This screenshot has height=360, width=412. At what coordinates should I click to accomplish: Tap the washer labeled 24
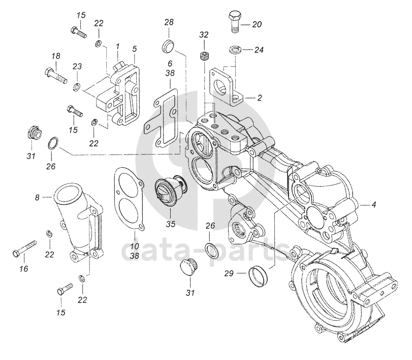pyautogui.click(x=235, y=49)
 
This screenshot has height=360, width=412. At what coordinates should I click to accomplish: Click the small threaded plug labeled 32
pyautogui.click(x=204, y=56)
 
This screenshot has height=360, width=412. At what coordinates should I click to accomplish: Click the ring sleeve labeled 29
pyautogui.click(x=258, y=277)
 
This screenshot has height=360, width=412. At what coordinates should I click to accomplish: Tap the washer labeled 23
pyautogui.click(x=77, y=86)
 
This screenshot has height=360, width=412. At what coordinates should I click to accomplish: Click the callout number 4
pyautogui.click(x=374, y=204)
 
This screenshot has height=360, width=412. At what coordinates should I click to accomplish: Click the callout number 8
pyautogui.click(x=37, y=197)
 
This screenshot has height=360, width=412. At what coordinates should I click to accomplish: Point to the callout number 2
pyautogui.click(x=260, y=98)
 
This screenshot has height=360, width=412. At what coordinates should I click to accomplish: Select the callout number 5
pyautogui.click(x=135, y=49)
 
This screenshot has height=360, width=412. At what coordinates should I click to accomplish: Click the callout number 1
pyautogui.click(x=118, y=47)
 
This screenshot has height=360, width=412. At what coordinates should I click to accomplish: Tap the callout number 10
pyautogui.click(x=135, y=247)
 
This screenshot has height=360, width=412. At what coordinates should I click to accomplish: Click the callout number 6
pyautogui.click(x=170, y=64)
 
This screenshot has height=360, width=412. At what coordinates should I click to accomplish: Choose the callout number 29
pyautogui.click(x=229, y=274)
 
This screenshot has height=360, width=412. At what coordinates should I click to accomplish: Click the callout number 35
pyautogui.click(x=171, y=224)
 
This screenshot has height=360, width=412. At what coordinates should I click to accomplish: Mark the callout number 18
pyautogui.click(x=56, y=56)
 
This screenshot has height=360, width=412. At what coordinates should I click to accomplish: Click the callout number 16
pyautogui.click(x=24, y=269)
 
